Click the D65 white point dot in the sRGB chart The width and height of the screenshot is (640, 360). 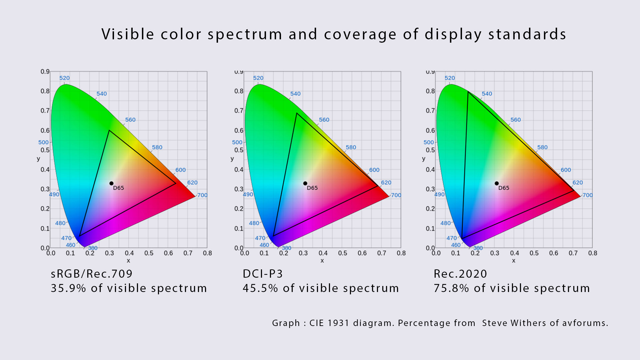(111, 183)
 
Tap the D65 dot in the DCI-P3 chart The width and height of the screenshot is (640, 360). (305, 183)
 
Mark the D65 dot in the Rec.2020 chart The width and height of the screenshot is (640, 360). (497, 183)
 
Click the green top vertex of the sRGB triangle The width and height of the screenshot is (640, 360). (109, 130)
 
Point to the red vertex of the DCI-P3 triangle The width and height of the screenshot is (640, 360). (378, 186)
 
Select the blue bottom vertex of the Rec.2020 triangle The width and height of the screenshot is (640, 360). (462, 238)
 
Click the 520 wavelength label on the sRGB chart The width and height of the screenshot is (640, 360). (64, 78)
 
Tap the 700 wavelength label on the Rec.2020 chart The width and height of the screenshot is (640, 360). (588, 195)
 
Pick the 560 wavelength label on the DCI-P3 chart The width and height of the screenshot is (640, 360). (324, 120)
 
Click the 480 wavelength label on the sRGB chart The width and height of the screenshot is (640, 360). (60, 223)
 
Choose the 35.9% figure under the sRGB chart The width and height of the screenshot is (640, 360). (68, 288)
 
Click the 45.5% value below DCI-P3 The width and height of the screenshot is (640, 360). (260, 288)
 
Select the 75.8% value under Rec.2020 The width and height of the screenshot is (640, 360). (451, 288)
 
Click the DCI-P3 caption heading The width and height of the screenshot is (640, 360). (263, 274)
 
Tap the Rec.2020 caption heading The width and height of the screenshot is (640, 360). (460, 274)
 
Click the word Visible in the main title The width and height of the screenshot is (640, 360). (128, 34)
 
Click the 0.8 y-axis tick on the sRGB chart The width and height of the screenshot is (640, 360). (45, 91)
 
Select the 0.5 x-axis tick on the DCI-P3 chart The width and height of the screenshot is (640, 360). (343, 253)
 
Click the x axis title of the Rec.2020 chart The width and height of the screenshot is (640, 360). (514, 261)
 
